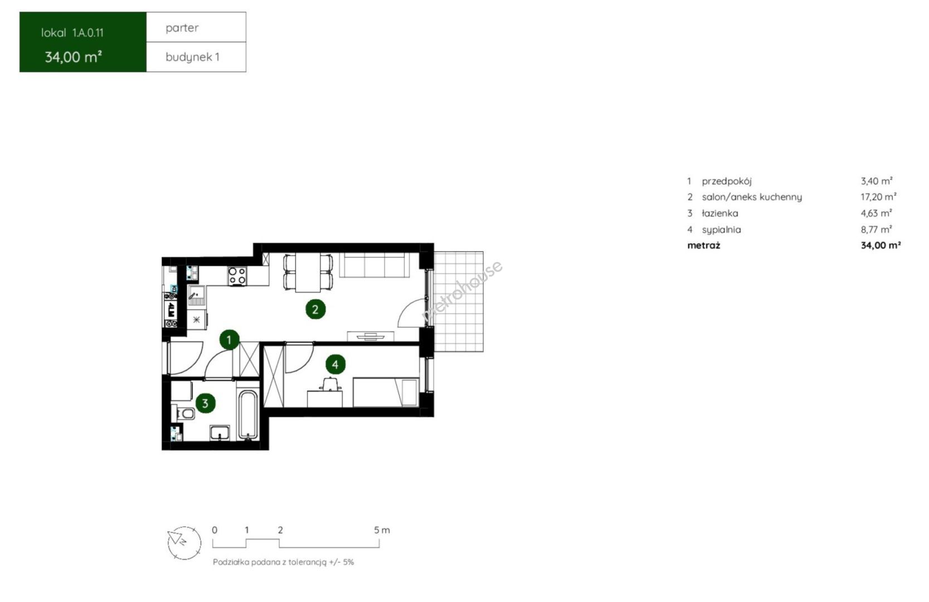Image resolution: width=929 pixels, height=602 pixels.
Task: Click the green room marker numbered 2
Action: [315, 309]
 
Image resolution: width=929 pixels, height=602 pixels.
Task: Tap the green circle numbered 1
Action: [229, 340]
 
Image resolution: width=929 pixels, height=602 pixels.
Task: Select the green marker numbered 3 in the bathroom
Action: [205, 403]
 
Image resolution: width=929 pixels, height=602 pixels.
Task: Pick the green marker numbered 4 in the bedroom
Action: [335, 365]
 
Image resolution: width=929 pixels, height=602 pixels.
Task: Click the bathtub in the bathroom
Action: [248, 415]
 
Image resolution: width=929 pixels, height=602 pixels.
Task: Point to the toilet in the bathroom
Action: [186, 413]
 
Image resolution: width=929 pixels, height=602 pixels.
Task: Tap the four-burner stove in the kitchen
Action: [237, 276]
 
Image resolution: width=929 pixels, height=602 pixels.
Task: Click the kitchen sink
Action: [196, 295]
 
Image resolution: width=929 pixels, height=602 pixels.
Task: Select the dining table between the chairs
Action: [308, 273]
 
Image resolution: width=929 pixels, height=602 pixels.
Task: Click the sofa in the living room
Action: [374, 265]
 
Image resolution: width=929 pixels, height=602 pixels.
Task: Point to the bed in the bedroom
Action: [386, 392]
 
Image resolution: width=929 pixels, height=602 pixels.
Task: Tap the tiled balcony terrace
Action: [458, 302]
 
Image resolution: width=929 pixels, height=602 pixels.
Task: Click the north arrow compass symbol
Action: [184, 543]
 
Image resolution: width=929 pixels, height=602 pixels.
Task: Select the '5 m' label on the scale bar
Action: [382, 530]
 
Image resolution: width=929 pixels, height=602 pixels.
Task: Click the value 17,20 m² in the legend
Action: [878, 197]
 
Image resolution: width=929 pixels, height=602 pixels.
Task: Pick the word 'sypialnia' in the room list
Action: [721, 230]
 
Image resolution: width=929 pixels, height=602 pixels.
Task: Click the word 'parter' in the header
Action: [182, 28]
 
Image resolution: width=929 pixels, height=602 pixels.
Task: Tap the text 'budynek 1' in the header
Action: [192, 57]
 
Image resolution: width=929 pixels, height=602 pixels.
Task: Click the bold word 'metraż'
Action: [704, 246]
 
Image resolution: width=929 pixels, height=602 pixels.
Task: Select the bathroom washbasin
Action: [220, 433]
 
